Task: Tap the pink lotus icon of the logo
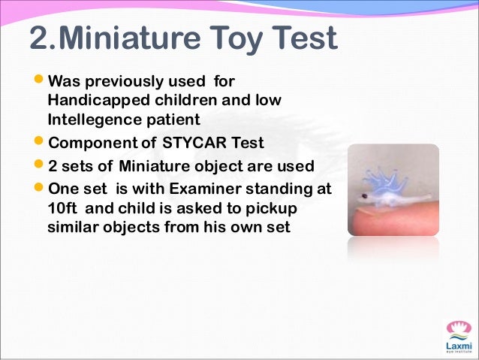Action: tap(458, 329)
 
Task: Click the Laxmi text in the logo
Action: tap(458, 344)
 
